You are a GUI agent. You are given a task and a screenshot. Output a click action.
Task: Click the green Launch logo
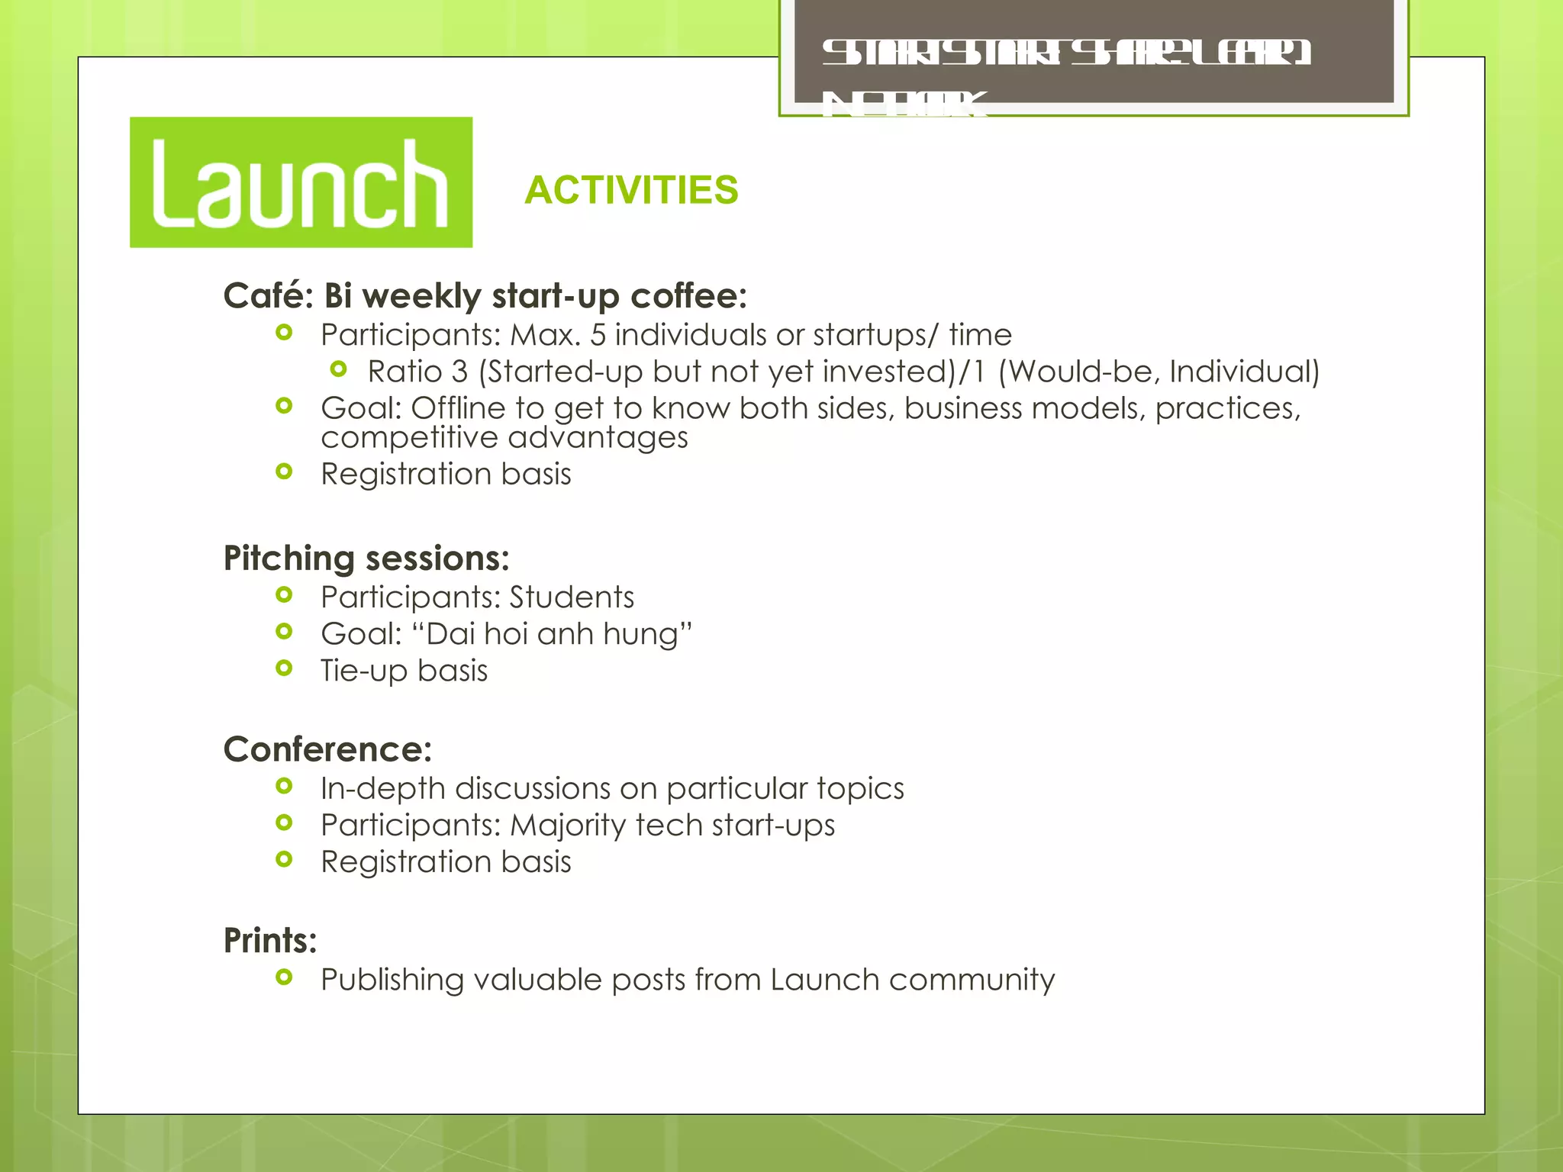301,182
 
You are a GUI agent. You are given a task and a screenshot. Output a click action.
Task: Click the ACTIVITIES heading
631,190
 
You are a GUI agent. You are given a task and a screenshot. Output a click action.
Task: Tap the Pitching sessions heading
366,559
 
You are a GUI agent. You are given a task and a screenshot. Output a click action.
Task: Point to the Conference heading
327,749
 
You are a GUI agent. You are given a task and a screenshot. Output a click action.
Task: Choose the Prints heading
269,940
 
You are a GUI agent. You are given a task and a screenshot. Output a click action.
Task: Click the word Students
572,597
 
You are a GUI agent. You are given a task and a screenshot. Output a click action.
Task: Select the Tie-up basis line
404,671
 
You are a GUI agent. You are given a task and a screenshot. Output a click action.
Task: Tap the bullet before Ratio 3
339,370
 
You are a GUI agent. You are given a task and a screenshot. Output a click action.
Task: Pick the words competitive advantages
504,438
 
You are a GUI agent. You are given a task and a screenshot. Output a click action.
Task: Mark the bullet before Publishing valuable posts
284,977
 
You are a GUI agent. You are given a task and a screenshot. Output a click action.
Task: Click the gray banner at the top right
1094,53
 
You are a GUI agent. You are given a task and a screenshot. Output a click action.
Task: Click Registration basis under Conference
446,862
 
